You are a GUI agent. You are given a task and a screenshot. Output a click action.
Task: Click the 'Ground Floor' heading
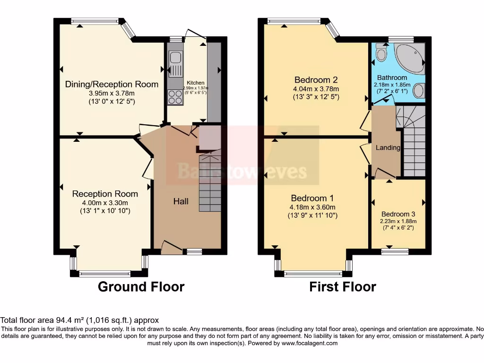pyautogui.click(x=141, y=286)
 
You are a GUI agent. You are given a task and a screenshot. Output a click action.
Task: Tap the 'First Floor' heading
pyautogui.click(x=343, y=286)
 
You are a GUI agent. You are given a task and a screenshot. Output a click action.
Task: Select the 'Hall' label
pyautogui.click(x=181, y=201)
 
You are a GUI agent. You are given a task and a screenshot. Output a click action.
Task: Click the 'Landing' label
pyautogui.click(x=388, y=147)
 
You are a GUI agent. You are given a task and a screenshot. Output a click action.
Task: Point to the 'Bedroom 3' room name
pyautogui.click(x=399, y=213)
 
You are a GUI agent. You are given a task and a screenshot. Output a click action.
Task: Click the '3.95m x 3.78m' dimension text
pyautogui.click(x=112, y=93)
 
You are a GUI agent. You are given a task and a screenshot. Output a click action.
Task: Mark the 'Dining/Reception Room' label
pyautogui.click(x=112, y=84)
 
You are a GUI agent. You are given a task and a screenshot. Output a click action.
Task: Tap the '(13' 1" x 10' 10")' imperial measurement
pyautogui.click(x=105, y=211)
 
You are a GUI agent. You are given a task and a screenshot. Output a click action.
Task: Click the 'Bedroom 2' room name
pyautogui.click(x=316, y=79)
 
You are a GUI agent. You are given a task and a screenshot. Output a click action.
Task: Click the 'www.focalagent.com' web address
pyautogui.click(x=310, y=343)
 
